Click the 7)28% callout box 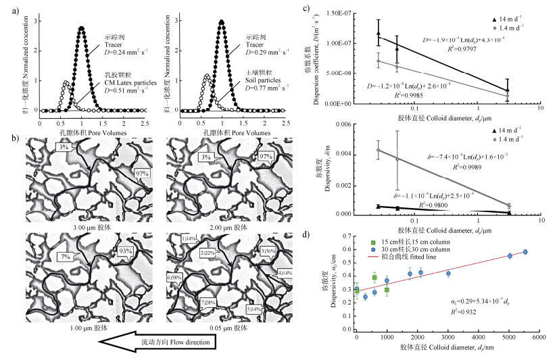[x=209, y=302]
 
